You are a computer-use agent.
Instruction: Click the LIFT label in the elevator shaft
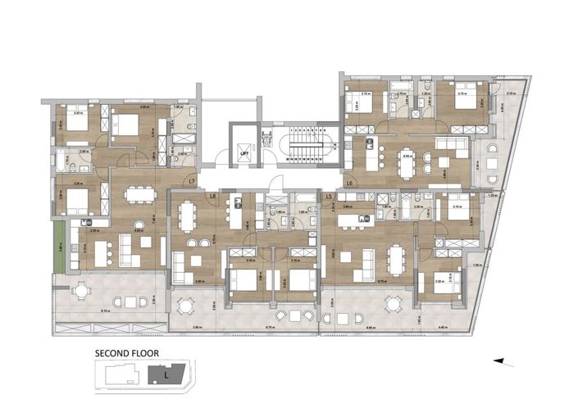243,153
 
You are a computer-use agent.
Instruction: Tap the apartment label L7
192,181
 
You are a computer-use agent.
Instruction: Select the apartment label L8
212,197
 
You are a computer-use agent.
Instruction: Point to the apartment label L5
329,197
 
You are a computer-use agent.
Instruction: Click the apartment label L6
349,182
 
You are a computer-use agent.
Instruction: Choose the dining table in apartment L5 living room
396,261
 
